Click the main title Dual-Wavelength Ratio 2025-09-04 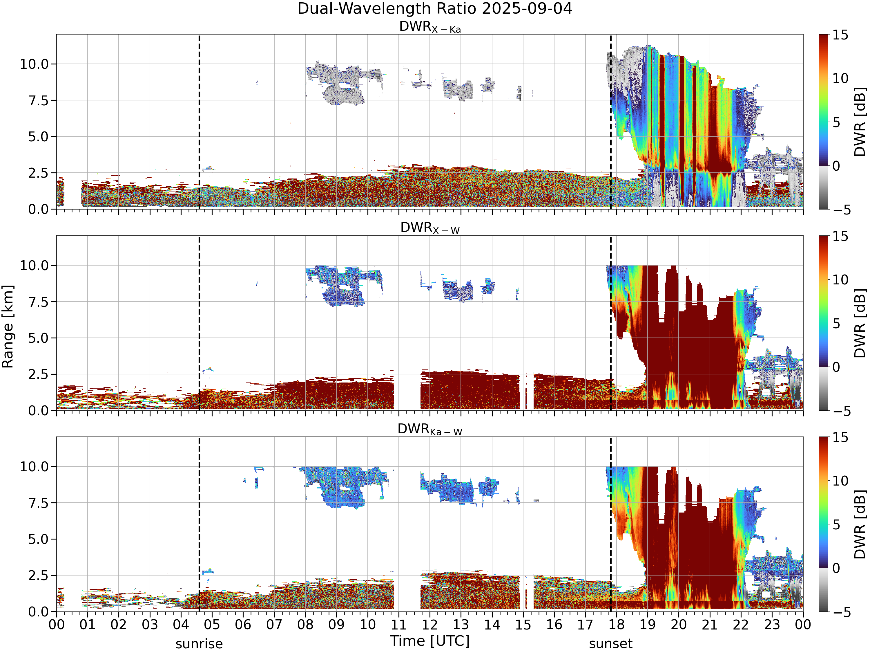click(435, 9)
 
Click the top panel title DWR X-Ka click(430, 27)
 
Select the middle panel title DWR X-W click(430, 228)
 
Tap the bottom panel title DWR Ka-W click(430, 430)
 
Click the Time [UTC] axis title click(430, 641)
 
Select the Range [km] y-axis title click(8, 327)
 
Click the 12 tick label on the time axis click(429, 625)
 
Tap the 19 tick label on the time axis click(647, 625)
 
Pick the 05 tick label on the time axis click(212, 625)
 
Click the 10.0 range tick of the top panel click(34, 64)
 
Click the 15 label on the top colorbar click(840, 35)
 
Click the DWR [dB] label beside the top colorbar click(860, 122)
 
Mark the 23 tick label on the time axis click(772, 625)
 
